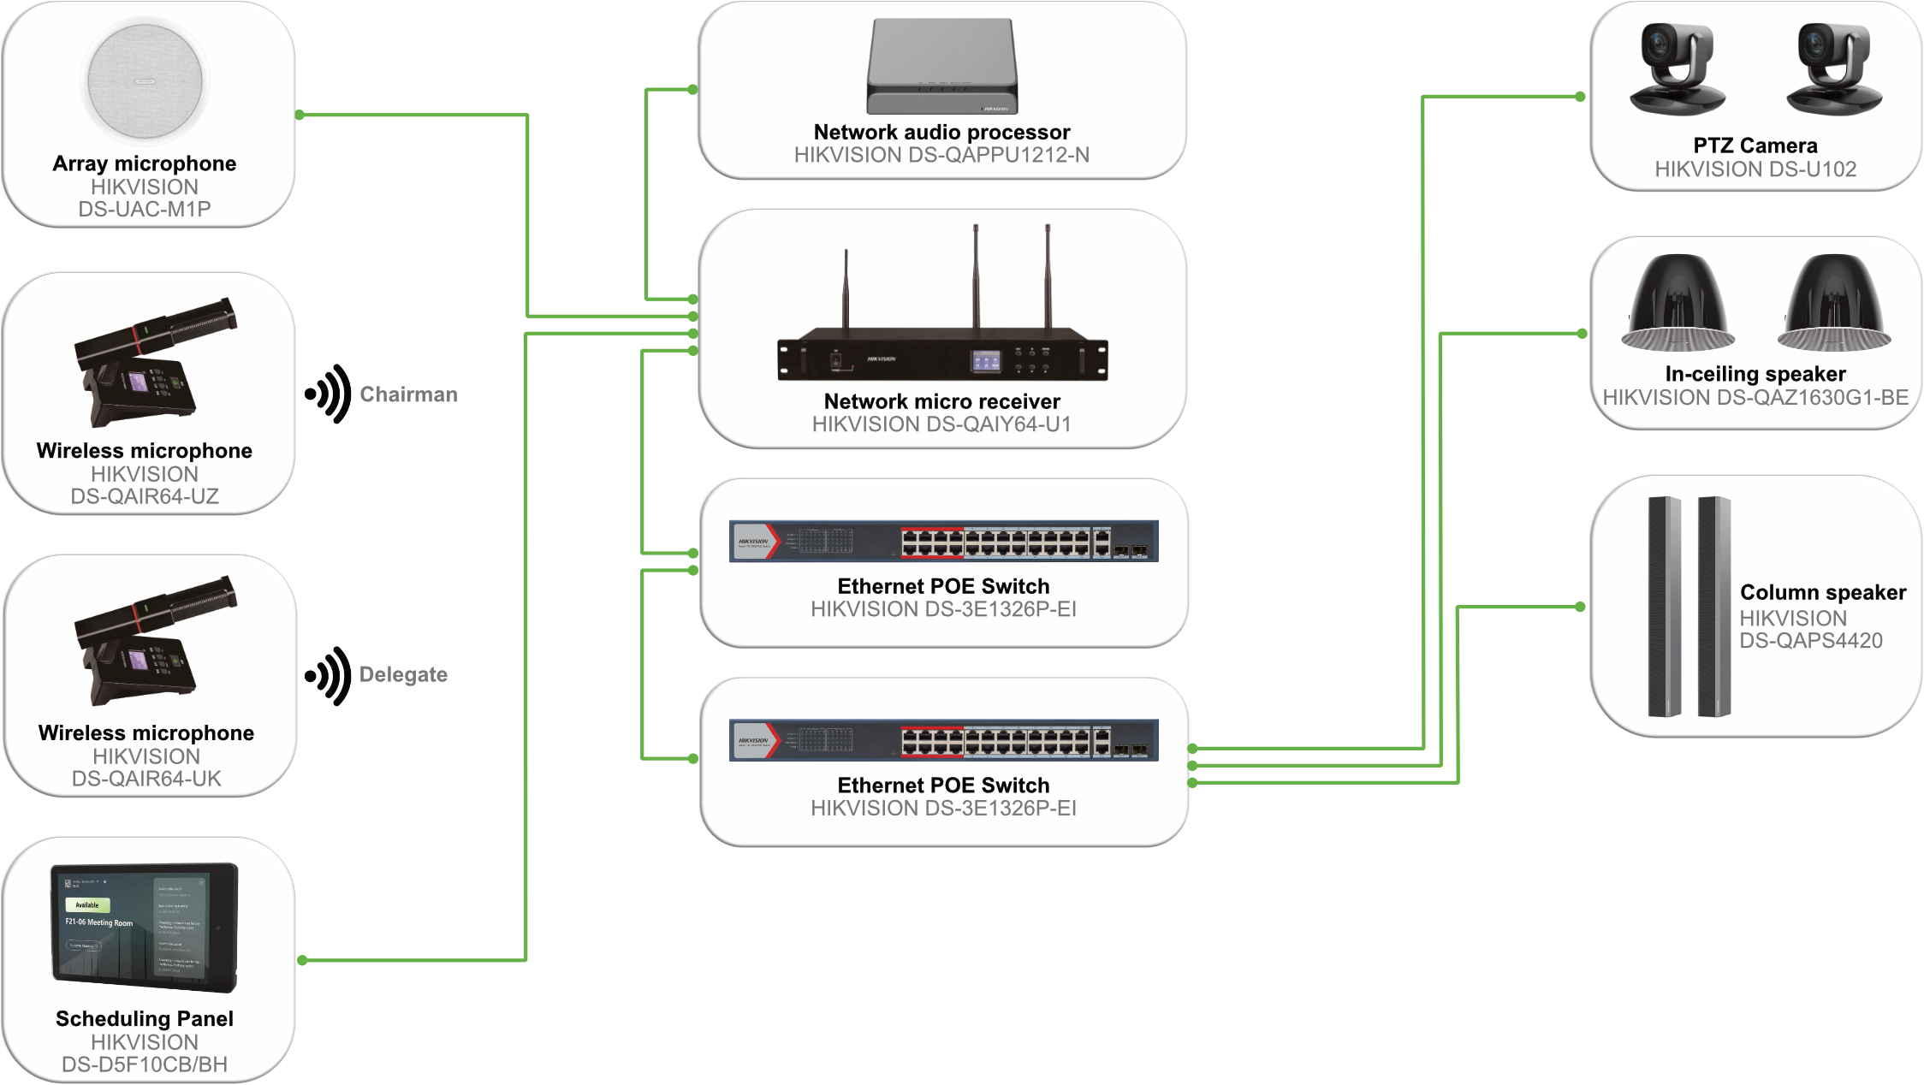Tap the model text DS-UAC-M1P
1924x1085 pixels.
[x=145, y=210]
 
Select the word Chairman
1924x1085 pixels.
[x=408, y=394]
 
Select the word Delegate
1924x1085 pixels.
[x=403, y=674]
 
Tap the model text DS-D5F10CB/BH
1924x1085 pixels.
[x=145, y=1065]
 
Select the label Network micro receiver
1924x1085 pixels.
[x=941, y=401]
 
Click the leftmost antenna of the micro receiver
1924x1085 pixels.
[x=846, y=291]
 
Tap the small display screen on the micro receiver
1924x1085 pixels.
[x=985, y=361]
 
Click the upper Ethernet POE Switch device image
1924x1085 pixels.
[x=943, y=541]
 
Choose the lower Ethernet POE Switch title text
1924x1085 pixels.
[x=943, y=786]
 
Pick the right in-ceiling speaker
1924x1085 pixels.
[x=1833, y=304]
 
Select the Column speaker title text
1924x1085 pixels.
[x=1823, y=592]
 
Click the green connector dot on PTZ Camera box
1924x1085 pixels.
[x=1581, y=97]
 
